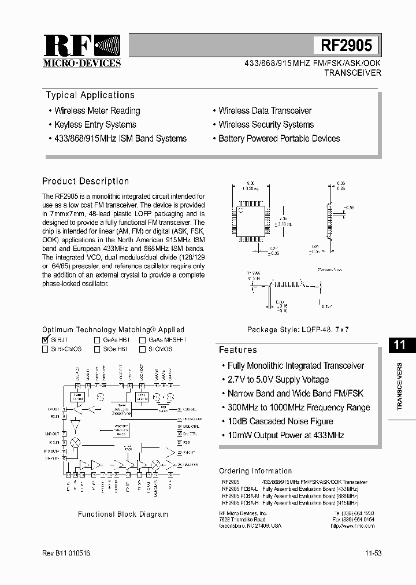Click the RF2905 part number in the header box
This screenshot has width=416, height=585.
pyautogui.click(x=346, y=45)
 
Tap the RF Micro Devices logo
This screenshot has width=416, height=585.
pyautogui.click(x=82, y=51)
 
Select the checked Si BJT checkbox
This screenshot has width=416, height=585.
pyautogui.click(x=46, y=340)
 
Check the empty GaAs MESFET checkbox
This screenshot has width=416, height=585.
pyautogui.click(x=142, y=340)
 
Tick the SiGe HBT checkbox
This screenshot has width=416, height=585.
pyautogui.click(x=98, y=349)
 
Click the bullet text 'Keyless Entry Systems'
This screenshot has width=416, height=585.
pyautogui.click(x=95, y=124)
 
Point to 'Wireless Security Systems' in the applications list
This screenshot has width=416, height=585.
pyautogui.click(x=266, y=124)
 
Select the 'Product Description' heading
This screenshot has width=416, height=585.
pyautogui.click(x=86, y=181)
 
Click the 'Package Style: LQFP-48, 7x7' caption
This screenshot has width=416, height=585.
pyautogui.click(x=298, y=329)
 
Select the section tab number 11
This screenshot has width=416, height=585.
pyautogui.click(x=399, y=345)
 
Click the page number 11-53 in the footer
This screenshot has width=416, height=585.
pyautogui.click(x=373, y=553)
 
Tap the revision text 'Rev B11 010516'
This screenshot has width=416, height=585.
pyautogui.click(x=66, y=553)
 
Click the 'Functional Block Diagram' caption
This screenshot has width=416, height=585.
pyautogui.click(x=123, y=514)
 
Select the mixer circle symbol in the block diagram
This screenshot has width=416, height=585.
pyautogui.click(x=75, y=440)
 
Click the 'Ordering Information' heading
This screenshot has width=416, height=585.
pyautogui.click(x=255, y=471)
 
